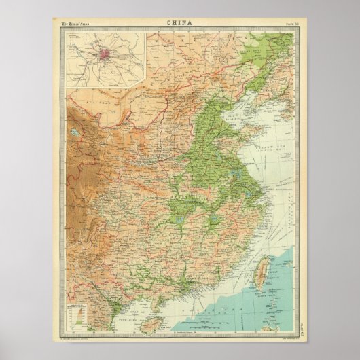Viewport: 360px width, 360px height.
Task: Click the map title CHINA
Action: coord(179,22)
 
